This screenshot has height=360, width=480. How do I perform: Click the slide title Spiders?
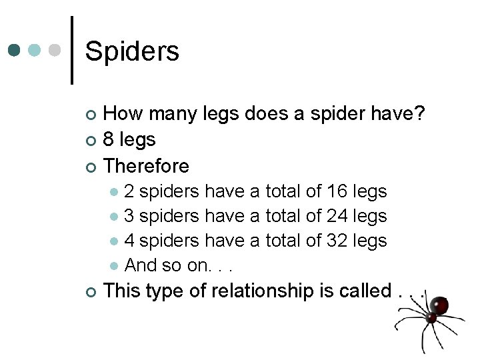(x=132, y=51)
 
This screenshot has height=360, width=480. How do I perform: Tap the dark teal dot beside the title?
(x=15, y=51)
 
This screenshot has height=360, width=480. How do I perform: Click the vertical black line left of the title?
(x=72, y=51)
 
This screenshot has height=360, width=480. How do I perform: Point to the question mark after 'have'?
(x=419, y=114)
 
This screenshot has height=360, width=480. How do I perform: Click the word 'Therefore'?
(x=147, y=166)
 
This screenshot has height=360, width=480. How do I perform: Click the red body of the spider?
(x=438, y=306)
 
